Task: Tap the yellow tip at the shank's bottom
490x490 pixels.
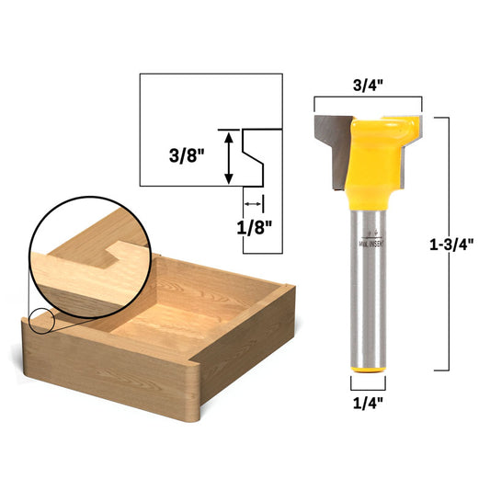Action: pos(368,367)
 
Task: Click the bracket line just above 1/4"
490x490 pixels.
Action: pos(368,383)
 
